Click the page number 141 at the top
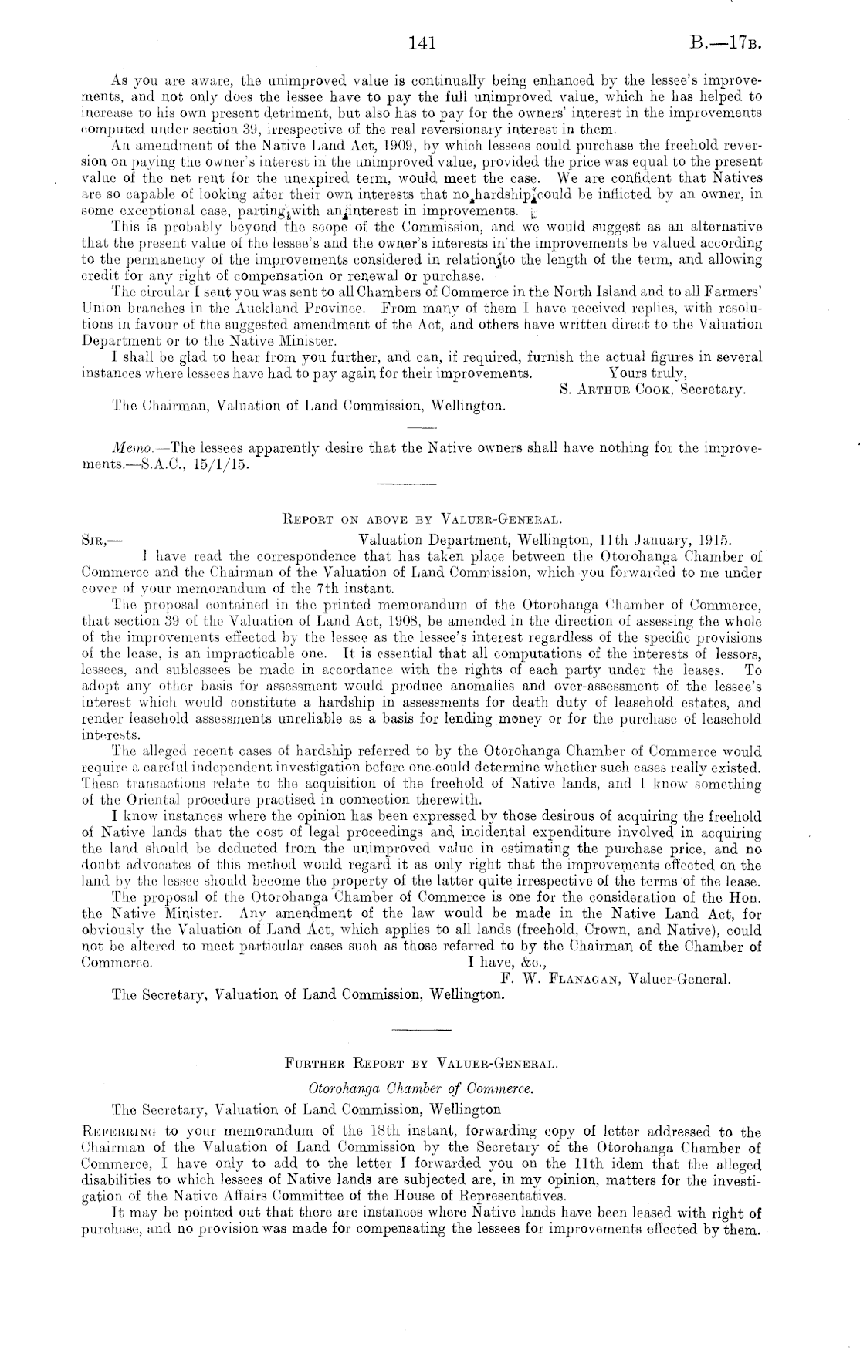point(424,43)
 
